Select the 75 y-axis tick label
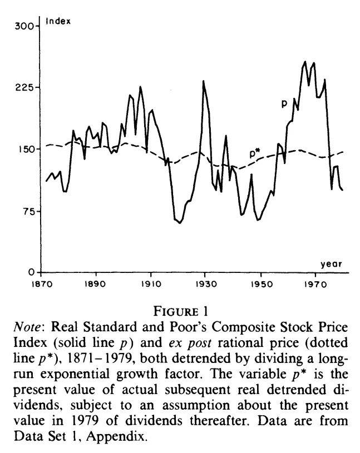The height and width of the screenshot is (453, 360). coord(28,211)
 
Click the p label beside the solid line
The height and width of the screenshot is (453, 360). coord(284,104)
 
